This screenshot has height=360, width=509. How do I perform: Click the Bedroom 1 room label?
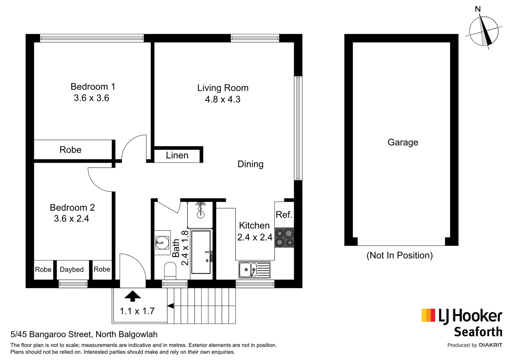click(93, 87)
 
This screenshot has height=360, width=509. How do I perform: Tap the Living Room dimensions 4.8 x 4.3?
click(223, 99)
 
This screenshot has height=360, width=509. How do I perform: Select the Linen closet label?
click(177, 155)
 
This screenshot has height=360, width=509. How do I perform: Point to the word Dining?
click(250, 164)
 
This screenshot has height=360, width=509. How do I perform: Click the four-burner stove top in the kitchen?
click(284, 238)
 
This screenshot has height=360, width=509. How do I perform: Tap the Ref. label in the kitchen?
click(284, 215)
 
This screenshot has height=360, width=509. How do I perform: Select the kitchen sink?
click(254, 270)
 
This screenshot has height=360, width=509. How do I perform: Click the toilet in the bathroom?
click(170, 270)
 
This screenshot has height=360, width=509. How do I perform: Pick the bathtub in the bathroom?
click(201, 252)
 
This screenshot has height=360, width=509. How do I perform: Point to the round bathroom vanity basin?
click(163, 242)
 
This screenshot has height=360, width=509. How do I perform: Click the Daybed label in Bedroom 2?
click(72, 269)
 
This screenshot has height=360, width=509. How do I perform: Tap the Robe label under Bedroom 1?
click(70, 150)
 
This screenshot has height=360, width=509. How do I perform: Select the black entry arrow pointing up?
click(133, 296)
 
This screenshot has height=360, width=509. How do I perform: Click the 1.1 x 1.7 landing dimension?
click(137, 311)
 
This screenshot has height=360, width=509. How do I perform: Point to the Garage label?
click(403, 142)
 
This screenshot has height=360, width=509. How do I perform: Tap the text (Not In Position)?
click(399, 255)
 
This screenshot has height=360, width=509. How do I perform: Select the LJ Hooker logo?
click(462, 316)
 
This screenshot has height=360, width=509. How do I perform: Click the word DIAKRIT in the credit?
click(490, 345)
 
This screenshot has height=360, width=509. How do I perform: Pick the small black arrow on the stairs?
click(170, 306)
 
